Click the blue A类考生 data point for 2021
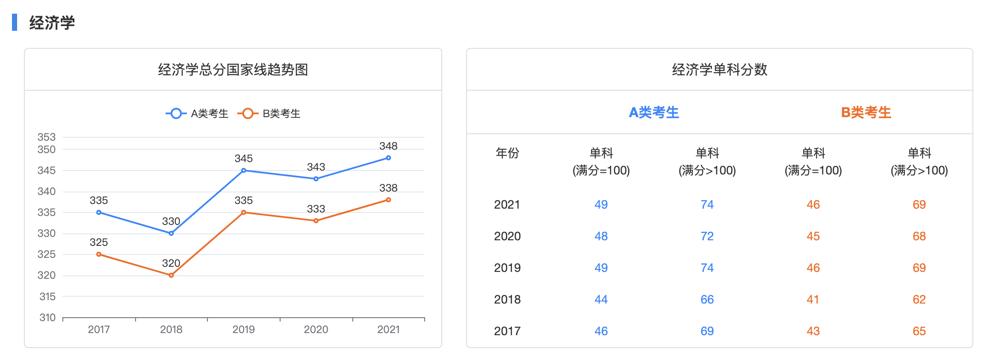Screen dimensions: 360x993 point(388,158)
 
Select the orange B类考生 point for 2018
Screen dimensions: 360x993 point(171,275)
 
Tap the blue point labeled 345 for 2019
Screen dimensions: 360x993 point(244,170)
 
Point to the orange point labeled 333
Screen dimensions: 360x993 point(316,221)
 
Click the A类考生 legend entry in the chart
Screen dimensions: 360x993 point(198,113)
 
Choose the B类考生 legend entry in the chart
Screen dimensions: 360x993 point(269,113)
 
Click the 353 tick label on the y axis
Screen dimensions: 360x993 point(47,137)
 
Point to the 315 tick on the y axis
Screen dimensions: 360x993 point(47,296)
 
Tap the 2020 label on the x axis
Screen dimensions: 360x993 point(316,329)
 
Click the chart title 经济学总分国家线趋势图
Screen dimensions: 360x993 point(233,69)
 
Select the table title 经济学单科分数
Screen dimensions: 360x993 point(720,69)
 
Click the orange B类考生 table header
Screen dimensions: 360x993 point(866,112)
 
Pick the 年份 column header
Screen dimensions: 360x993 point(507,153)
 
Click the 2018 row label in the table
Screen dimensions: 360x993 point(507,299)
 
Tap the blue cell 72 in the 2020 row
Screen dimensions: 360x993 point(707,236)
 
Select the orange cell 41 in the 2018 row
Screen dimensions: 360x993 point(813,299)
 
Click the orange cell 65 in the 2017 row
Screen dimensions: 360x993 point(919,331)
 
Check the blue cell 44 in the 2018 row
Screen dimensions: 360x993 point(601,299)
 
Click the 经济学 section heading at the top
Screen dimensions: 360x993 point(52,23)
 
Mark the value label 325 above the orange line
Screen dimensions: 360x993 point(99,242)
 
